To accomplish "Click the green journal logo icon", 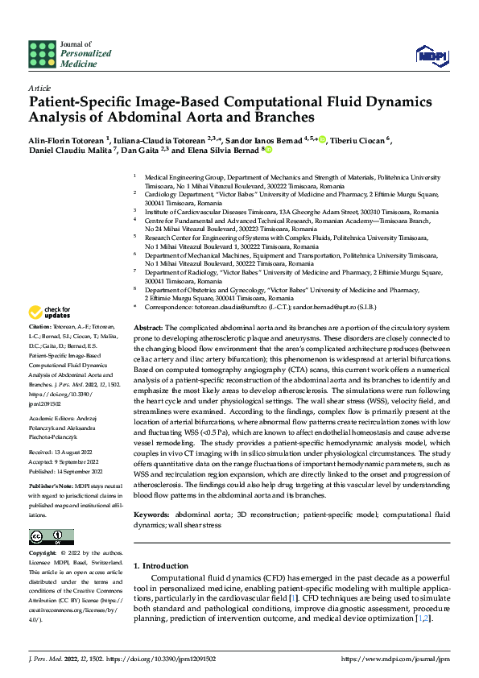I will (x=42, y=54).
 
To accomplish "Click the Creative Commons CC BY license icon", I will (x=47, y=537).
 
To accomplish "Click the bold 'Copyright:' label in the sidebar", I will (x=43, y=554).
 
